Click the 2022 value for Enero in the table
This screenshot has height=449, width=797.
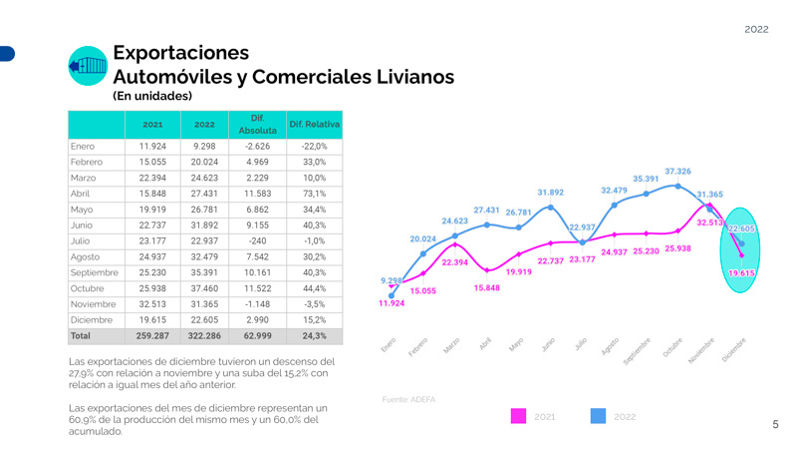point(204,147)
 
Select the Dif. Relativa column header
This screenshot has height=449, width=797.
point(314,124)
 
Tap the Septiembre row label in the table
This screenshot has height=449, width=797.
point(95,272)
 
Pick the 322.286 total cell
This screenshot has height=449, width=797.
point(204,336)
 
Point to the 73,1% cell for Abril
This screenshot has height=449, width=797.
point(314,193)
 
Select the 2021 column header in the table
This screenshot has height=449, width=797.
point(152,125)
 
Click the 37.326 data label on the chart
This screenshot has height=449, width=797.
point(677,172)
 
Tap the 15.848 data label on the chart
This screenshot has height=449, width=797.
point(487,287)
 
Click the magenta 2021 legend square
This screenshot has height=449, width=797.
point(518,416)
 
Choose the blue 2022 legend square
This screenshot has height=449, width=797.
point(598,416)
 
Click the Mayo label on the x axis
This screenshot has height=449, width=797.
point(516,342)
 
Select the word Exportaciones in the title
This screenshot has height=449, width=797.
point(180,53)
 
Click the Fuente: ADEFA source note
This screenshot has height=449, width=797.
point(408,399)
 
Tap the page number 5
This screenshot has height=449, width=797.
point(775,425)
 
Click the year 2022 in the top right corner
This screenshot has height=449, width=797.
point(756,29)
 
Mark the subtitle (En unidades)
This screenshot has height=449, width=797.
point(152,96)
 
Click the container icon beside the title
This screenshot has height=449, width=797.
point(88,66)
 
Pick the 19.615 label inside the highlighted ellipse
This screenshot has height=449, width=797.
point(741,272)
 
